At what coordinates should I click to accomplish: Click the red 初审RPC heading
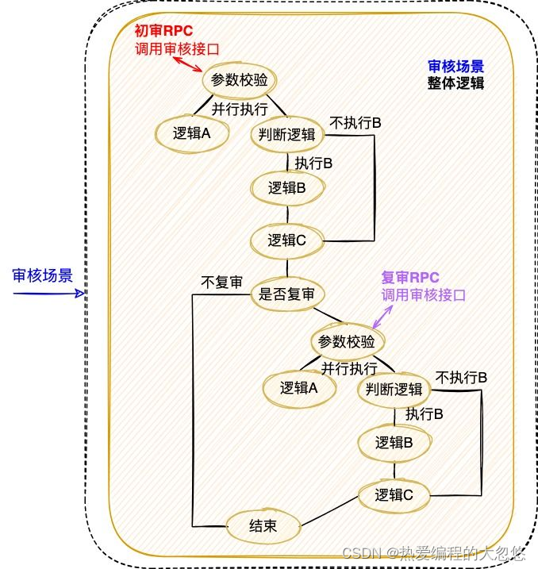pyautogui.click(x=163, y=31)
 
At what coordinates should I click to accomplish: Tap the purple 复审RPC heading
pyautogui.click(x=410, y=278)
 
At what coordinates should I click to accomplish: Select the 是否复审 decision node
pyautogui.click(x=287, y=294)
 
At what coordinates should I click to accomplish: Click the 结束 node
pyautogui.click(x=263, y=525)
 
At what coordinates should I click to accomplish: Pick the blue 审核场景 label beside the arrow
pyautogui.click(x=43, y=275)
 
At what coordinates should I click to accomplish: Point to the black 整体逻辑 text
pyautogui.click(x=455, y=83)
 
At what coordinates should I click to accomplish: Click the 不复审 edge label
pyautogui.click(x=221, y=282)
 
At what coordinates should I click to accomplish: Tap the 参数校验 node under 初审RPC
pyautogui.click(x=239, y=80)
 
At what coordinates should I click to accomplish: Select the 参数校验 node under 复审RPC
pyautogui.click(x=346, y=342)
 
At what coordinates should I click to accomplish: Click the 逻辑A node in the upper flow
pyautogui.click(x=191, y=133)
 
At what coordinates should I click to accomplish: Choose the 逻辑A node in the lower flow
pyautogui.click(x=298, y=388)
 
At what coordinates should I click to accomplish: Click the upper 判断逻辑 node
pyautogui.click(x=287, y=134)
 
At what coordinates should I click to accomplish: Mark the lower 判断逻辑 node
pyautogui.click(x=394, y=390)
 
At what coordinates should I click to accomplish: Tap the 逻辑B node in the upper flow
pyautogui.click(x=288, y=188)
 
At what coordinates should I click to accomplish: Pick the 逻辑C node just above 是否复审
pyautogui.click(x=287, y=240)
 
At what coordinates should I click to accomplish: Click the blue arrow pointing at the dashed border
pyautogui.click(x=48, y=293)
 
